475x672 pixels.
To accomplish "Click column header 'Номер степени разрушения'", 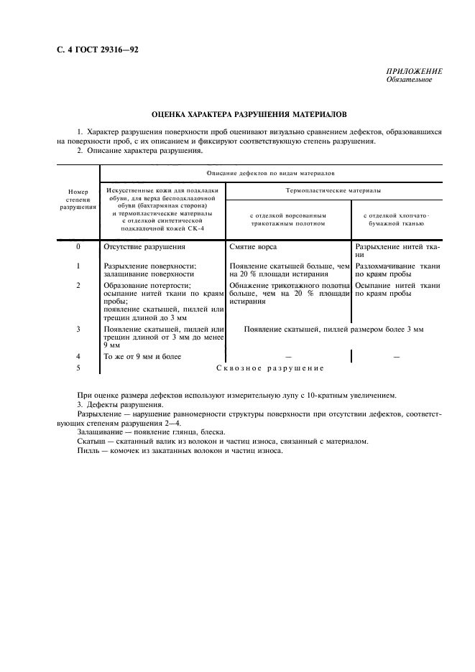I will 77,199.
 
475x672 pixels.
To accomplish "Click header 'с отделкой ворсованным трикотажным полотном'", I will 287,219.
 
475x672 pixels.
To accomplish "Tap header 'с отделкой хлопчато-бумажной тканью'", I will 396,219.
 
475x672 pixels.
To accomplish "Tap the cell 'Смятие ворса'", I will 252,246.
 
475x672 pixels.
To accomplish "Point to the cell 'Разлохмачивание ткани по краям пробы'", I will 397,269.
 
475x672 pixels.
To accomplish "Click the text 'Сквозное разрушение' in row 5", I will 270,368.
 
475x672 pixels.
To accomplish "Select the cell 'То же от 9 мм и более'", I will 142,356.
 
